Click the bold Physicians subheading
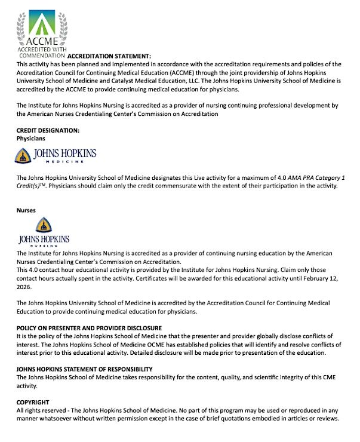pyautogui.click(x=31, y=138)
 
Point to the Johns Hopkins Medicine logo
pyautogui.click(x=55, y=156)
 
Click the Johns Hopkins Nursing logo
pyautogui.click(x=44, y=233)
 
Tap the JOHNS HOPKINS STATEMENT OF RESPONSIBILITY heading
pyautogui.click(x=84, y=369)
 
